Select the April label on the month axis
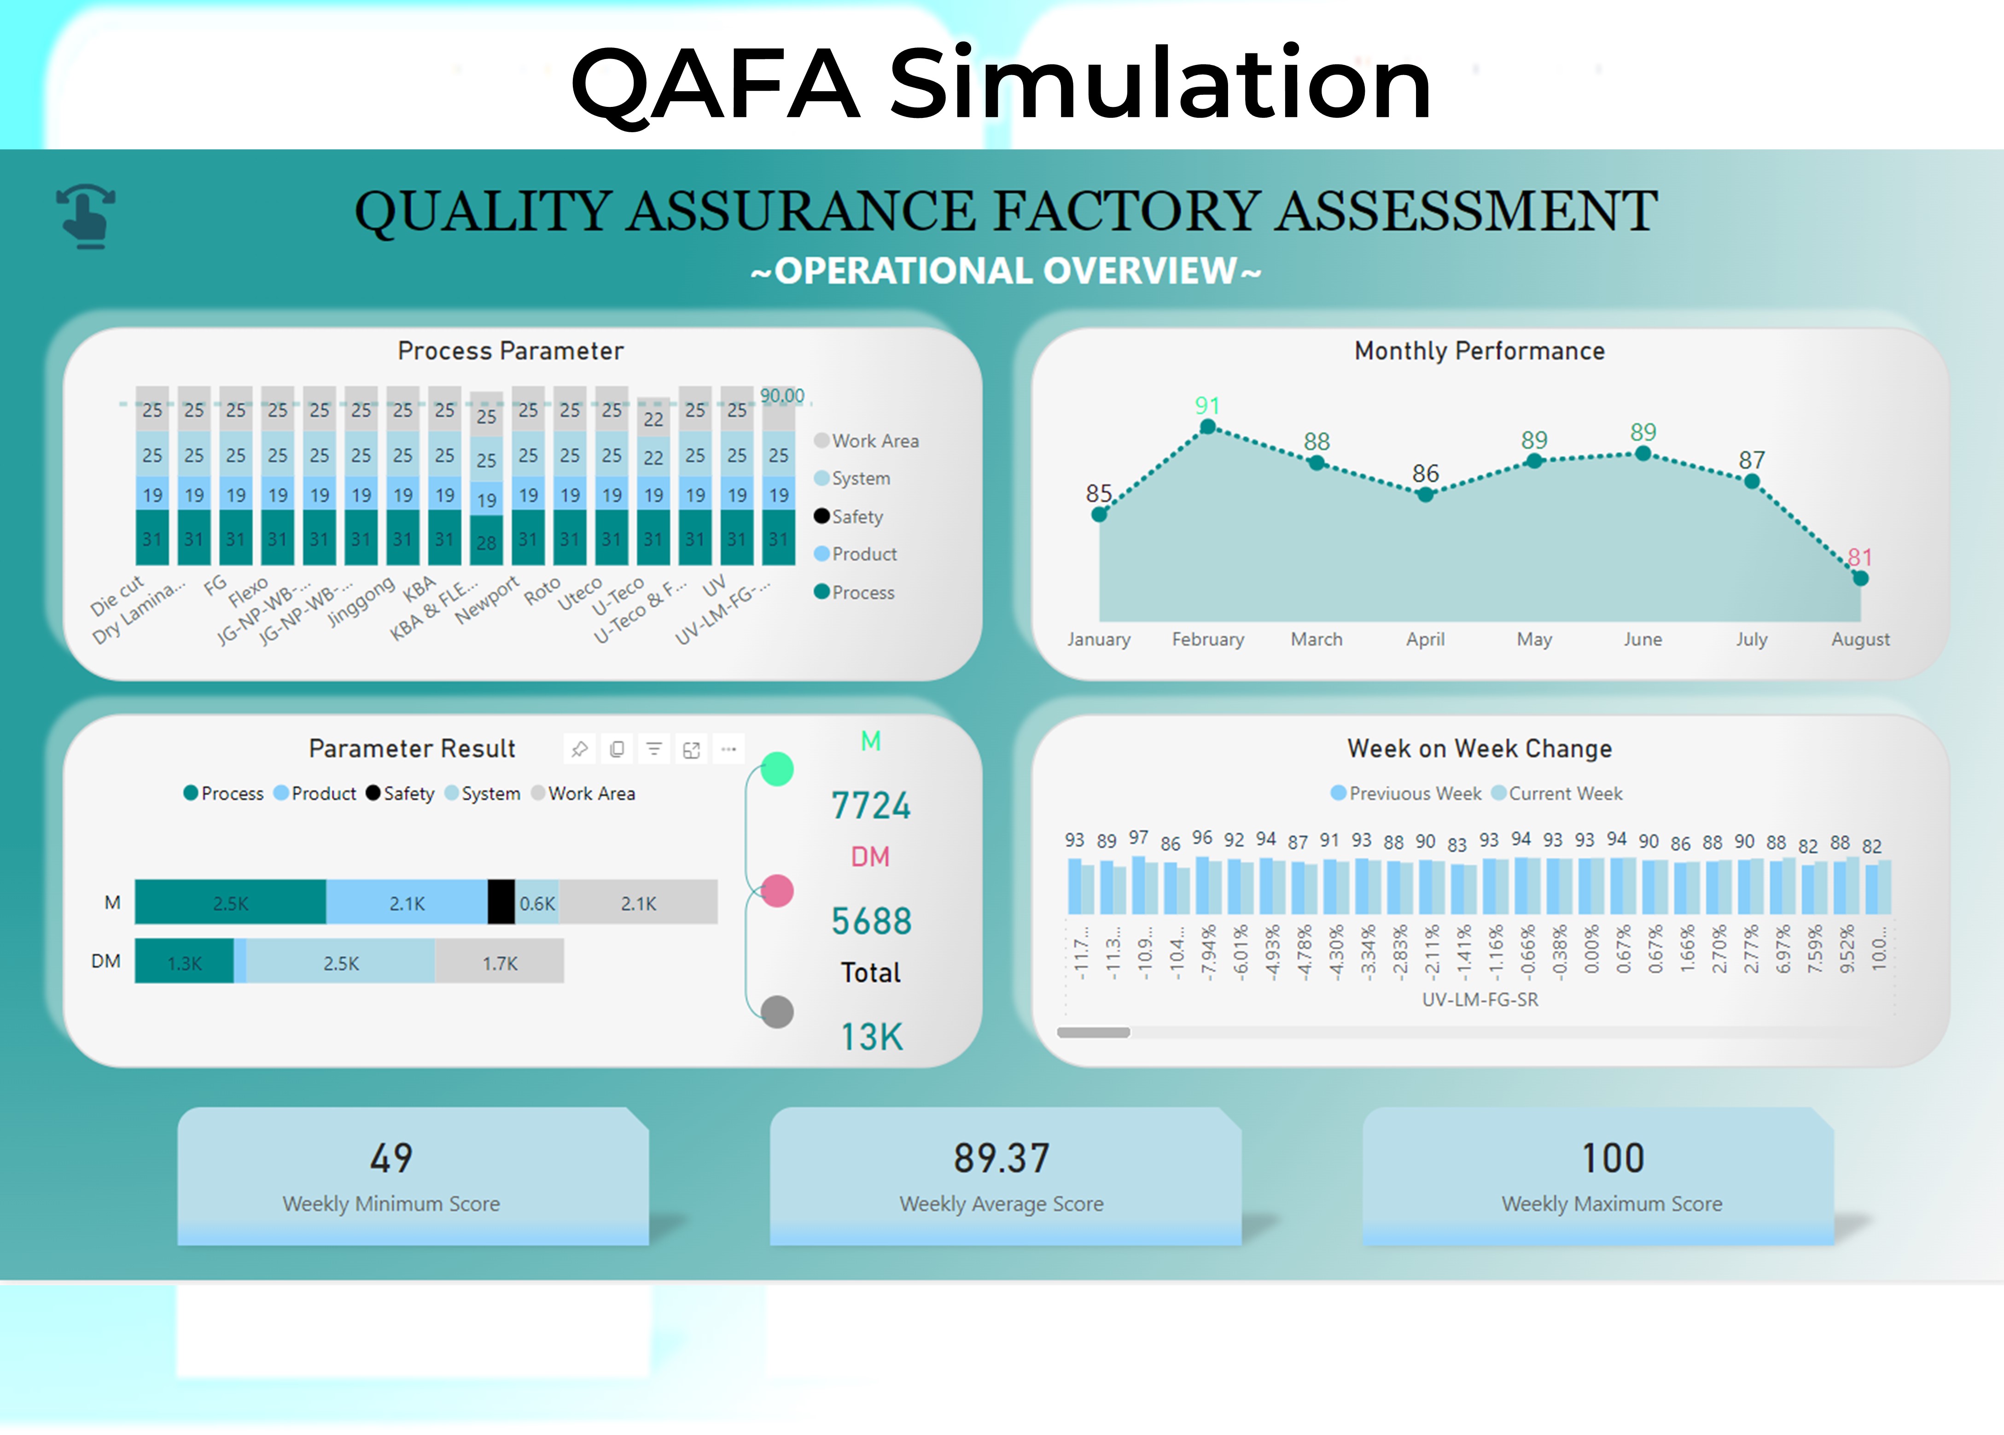click(1425, 639)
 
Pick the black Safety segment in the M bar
click(501, 902)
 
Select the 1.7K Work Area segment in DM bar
click(500, 962)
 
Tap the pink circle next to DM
click(777, 890)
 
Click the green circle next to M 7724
click(777, 769)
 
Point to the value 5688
click(871, 921)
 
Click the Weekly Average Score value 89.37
click(1002, 1159)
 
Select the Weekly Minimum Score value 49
click(391, 1159)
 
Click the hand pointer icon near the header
click(87, 216)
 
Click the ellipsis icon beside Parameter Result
click(728, 750)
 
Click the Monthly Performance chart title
click(1480, 351)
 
